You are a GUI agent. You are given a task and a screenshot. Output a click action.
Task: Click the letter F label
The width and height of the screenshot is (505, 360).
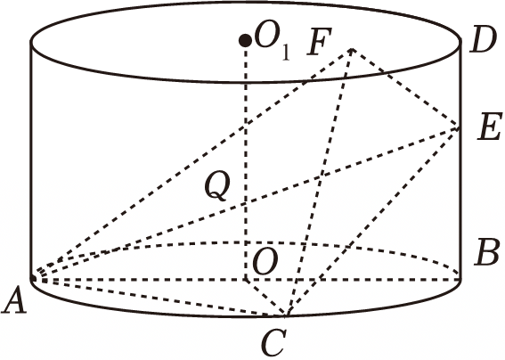pos(320,42)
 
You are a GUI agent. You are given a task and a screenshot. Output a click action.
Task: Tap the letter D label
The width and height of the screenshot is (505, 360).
pos(482,39)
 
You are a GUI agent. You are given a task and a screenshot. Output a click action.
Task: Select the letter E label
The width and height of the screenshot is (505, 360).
pos(489,127)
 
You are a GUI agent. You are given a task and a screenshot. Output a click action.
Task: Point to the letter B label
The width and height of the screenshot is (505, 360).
pos(487,252)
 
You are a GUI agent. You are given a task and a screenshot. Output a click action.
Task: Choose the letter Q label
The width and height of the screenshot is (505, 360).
pos(217,185)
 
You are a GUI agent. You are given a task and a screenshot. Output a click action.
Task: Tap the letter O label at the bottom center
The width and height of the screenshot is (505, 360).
pos(265,261)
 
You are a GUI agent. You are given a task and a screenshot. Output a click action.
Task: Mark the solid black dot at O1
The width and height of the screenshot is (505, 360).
pos(246,41)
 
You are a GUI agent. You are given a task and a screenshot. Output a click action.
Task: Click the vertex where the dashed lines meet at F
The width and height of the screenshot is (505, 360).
pos(352,49)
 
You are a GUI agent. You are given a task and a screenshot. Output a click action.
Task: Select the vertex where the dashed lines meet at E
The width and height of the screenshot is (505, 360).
pos(459,127)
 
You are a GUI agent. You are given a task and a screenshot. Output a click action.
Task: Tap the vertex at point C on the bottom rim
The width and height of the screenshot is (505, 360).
pos(286,315)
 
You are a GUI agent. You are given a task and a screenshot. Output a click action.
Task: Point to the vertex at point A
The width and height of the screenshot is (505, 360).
pos(33,278)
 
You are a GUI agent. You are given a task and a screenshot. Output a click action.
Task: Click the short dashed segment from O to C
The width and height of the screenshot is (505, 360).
pos(265,297)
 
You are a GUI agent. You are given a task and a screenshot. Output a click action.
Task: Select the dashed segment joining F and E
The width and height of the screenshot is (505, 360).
pos(405,88)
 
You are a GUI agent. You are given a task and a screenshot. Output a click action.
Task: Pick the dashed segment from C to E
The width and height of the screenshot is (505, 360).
pos(372,221)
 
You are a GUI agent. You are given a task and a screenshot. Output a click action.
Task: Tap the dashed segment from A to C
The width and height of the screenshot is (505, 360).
pos(159,297)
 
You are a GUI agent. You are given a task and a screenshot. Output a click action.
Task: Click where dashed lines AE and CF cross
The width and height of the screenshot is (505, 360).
pos(320,176)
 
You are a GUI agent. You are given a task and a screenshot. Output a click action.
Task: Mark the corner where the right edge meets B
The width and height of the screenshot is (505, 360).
pos(460,279)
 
